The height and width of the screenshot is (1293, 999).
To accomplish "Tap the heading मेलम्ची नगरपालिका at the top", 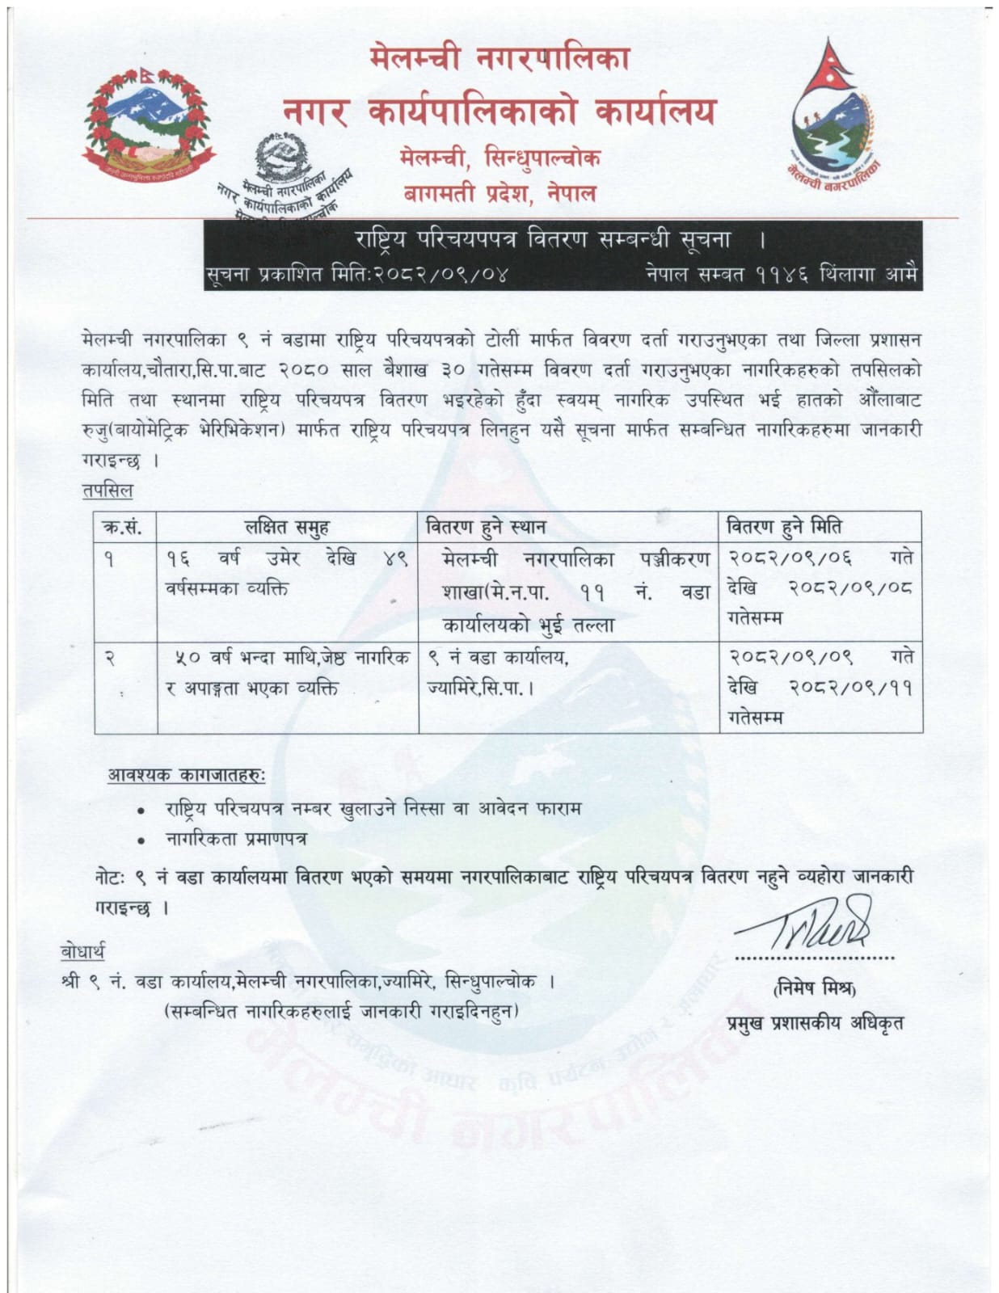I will pos(499,59).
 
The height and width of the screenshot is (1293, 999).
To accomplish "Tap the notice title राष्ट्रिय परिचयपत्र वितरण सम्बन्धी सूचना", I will pos(542,239).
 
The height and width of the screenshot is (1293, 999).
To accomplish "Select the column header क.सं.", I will pos(123,527).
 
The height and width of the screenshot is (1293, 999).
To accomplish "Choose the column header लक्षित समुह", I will pos(287,527).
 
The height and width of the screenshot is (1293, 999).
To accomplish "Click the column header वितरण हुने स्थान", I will pos(486,527).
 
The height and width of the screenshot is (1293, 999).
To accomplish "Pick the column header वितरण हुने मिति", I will pos(784,527).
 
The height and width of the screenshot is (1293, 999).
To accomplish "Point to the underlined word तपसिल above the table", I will pos(107,491).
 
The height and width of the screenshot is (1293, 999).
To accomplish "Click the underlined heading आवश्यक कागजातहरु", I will pos(186,775).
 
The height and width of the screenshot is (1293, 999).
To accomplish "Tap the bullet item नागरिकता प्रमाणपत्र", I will pos(236,839).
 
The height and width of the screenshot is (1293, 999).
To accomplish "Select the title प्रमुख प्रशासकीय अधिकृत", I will pos(815,1022).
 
